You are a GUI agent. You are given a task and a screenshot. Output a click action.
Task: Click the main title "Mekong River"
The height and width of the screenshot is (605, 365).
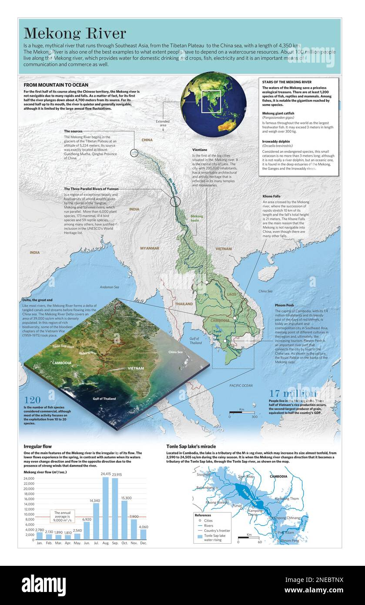tap(74, 34)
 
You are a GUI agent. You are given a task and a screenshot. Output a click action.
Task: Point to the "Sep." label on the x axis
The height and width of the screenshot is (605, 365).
tap(115, 543)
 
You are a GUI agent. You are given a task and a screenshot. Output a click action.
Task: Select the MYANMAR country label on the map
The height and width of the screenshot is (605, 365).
tap(149, 249)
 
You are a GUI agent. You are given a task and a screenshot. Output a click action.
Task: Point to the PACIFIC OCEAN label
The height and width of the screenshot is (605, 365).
tap(241, 386)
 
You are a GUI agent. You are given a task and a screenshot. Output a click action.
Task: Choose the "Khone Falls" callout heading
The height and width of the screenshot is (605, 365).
tap(272, 196)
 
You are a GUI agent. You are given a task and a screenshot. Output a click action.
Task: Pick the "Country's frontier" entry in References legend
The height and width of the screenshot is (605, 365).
tap(217, 531)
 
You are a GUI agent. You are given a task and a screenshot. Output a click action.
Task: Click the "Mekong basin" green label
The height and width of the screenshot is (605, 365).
tap(196, 218)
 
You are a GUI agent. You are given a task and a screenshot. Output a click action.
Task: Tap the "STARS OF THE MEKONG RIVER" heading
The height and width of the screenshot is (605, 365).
tap(287, 82)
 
